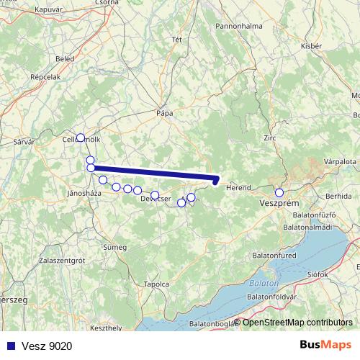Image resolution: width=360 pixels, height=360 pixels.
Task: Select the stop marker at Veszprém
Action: click(279, 192)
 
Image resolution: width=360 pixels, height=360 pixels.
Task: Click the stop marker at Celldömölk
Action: click(80, 138)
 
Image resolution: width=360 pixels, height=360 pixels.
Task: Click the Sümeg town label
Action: click(115, 247)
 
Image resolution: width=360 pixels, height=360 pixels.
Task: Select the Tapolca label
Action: click(157, 284)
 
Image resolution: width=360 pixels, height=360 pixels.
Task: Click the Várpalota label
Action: click(340, 163)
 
